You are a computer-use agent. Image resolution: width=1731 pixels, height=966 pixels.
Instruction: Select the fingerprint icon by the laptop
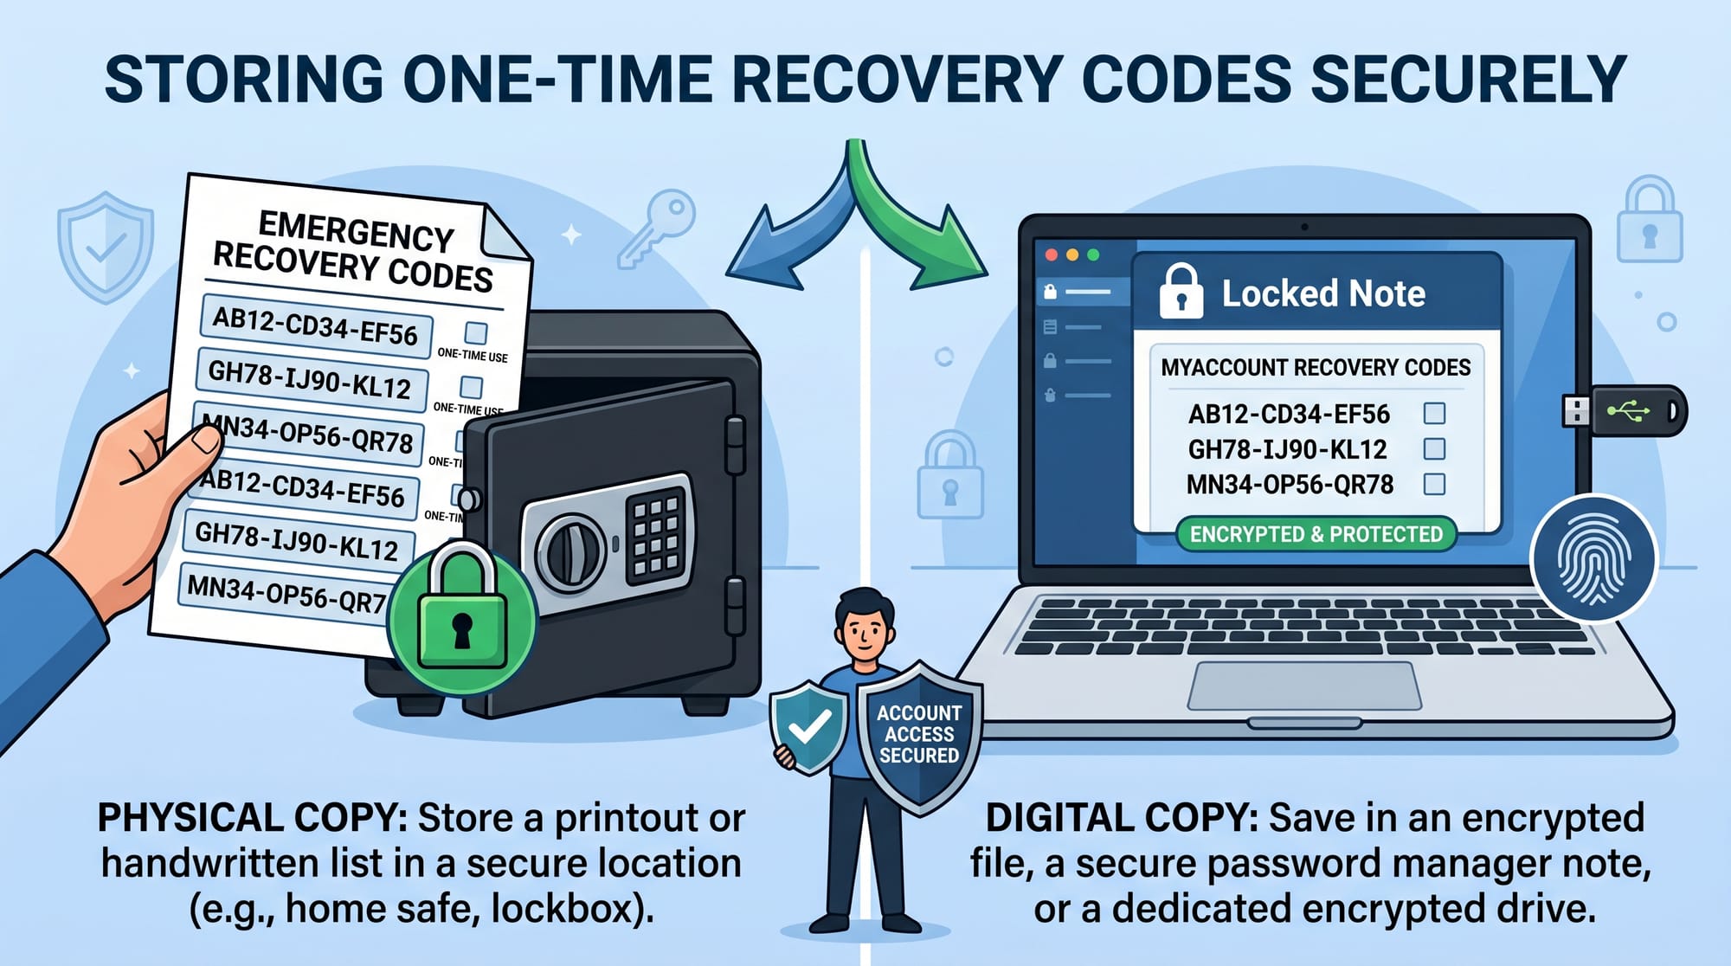tap(1593, 558)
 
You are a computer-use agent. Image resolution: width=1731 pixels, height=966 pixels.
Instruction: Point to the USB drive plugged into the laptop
tap(1625, 410)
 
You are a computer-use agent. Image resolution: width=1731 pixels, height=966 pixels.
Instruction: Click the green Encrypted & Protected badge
tap(1316, 534)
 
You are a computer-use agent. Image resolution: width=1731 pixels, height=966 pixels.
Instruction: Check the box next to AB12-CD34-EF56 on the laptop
tap(1434, 413)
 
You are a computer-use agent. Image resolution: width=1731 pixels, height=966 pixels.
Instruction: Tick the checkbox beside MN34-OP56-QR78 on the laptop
tap(1434, 484)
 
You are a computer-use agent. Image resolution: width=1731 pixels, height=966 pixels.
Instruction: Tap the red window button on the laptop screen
tap(1052, 254)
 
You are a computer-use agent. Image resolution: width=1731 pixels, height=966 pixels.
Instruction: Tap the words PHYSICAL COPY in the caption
tap(252, 818)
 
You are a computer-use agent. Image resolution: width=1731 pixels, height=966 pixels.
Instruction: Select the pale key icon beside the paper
tap(657, 229)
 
